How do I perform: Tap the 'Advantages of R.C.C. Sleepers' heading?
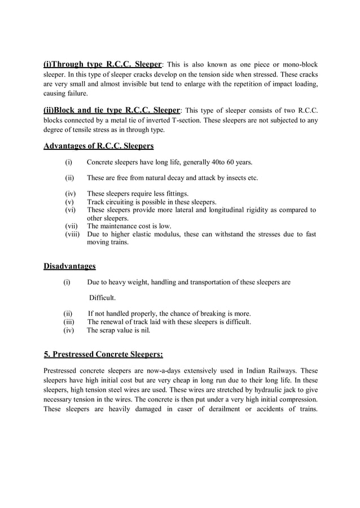99,147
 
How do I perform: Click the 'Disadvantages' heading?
69,266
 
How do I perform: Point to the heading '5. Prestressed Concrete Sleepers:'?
103,354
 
